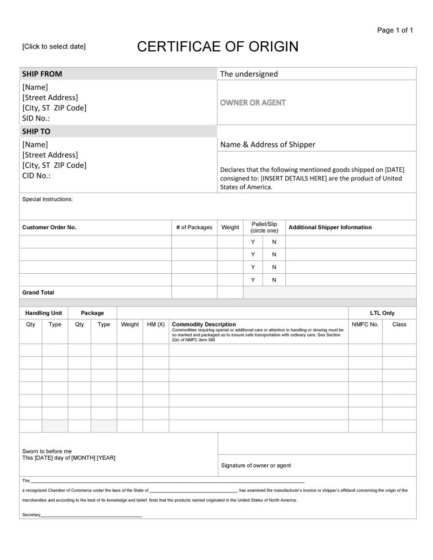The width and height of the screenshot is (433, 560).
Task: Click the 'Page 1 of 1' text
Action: pos(395,30)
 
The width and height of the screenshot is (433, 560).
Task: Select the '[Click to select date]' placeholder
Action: pos(54,46)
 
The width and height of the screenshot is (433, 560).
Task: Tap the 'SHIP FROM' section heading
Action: pos(42,74)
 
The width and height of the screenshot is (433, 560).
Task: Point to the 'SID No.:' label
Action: pos(36,118)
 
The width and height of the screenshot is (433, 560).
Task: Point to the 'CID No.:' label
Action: pos(36,176)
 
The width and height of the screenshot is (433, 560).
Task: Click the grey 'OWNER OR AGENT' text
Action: pos(253,103)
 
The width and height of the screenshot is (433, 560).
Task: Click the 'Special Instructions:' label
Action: pos(47,199)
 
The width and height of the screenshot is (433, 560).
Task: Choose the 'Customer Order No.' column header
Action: pos(49,228)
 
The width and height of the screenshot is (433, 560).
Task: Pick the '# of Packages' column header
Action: pos(194,228)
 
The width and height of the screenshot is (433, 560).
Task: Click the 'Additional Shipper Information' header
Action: pos(330,228)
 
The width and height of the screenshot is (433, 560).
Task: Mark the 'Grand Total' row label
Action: pos(38,292)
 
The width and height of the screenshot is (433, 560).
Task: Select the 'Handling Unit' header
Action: pos(43,313)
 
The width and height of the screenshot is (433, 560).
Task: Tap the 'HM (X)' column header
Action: pos(156,325)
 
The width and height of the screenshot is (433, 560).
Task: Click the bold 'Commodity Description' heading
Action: pos(204,325)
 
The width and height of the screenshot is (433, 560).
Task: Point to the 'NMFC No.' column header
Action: pos(365,325)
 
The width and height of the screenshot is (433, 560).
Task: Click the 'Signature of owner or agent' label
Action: pos(255,465)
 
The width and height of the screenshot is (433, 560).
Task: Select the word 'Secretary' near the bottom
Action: pos(31,515)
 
